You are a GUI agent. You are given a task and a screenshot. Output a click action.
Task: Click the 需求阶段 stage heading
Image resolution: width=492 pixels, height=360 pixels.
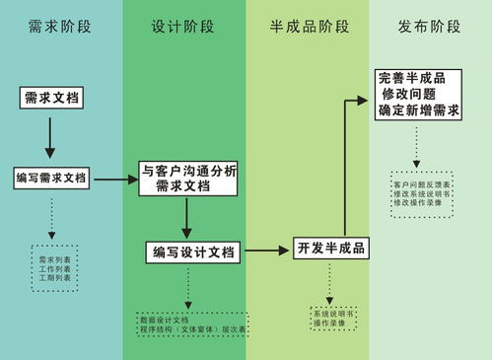point(61,27)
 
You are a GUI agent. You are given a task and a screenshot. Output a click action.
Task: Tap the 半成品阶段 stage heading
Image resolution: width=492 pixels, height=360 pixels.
point(309,27)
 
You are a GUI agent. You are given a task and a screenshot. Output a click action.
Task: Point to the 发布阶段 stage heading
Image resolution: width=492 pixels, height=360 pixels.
point(430,27)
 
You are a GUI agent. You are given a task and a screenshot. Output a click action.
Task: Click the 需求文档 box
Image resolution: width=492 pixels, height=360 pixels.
point(50,97)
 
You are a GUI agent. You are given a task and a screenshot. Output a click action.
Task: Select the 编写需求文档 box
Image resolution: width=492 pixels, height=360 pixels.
point(51,179)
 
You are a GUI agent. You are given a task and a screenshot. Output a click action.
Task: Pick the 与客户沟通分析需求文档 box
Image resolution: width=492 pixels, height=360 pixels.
point(187,178)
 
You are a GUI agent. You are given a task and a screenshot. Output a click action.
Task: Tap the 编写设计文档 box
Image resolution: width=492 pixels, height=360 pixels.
point(193,252)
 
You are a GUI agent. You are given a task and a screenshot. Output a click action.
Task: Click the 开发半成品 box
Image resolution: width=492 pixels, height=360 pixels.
point(331,248)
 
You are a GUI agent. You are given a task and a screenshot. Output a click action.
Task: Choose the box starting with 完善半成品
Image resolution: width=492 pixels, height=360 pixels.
point(419,95)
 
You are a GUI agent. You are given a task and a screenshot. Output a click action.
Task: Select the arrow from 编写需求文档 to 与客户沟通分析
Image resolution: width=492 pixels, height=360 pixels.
point(113,180)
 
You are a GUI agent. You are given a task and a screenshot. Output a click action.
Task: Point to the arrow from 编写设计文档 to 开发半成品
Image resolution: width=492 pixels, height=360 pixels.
point(266,251)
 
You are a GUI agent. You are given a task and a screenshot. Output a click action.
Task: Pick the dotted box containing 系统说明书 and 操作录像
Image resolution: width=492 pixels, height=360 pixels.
point(332,318)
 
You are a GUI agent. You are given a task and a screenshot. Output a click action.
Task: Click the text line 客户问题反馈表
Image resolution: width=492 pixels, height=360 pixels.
point(421,184)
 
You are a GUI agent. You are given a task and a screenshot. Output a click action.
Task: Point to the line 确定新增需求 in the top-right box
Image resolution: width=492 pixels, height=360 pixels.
point(419,111)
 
